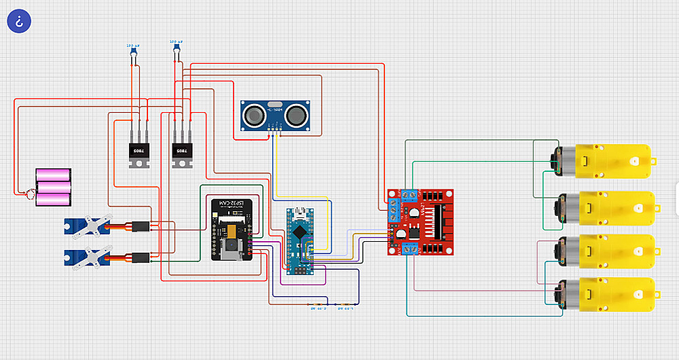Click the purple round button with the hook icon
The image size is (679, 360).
pyautogui.click(x=19, y=20)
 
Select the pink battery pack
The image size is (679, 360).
pyautogui.click(x=54, y=187)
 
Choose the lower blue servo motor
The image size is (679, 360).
pyautogui.click(x=86, y=257)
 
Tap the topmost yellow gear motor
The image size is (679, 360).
pyautogui.click(x=608, y=161)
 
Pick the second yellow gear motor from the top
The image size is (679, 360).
pyautogui.click(x=608, y=209)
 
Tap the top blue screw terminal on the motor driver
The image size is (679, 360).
pyautogui.click(x=409, y=195)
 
